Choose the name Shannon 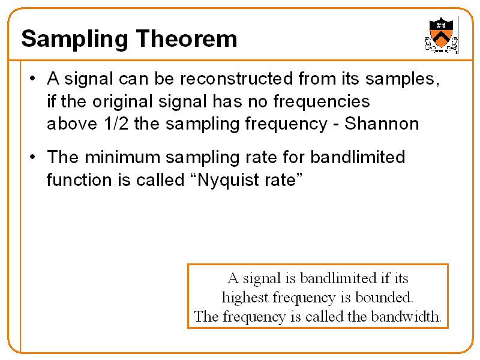[x=382, y=124]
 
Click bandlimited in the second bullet [x=358, y=158]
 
